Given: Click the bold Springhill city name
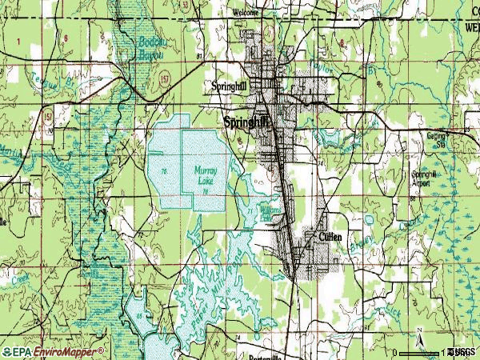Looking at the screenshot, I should pos(247,122).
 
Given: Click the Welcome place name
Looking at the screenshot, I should pos(246,13).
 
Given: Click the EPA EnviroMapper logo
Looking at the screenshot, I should pos(53,351).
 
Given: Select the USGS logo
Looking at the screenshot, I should pos(462,352).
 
